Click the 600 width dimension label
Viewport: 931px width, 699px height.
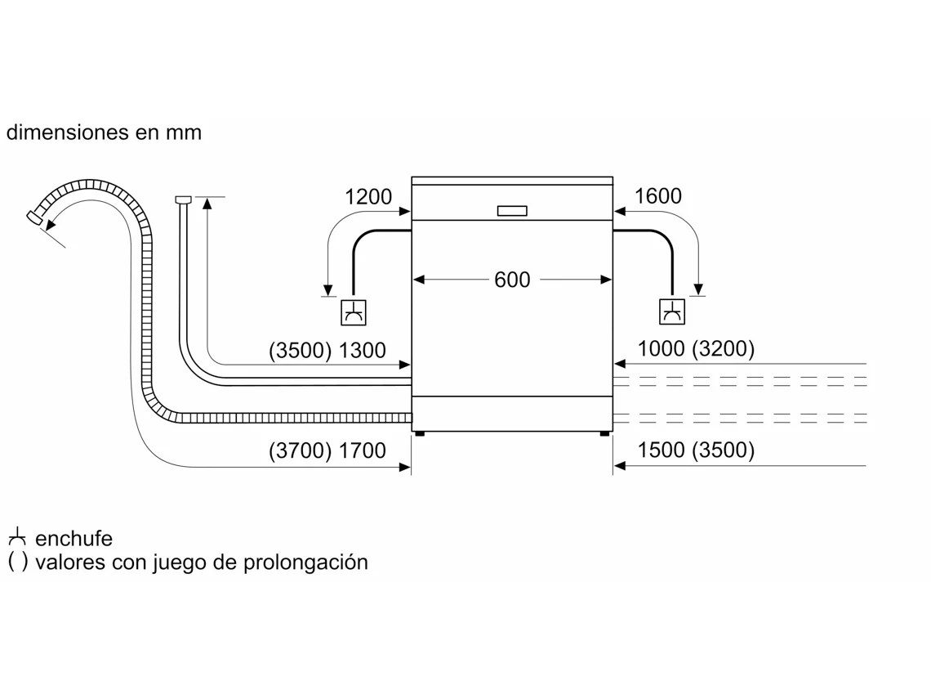click(x=512, y=280)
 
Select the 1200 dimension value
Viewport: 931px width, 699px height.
click(x=368, y=197)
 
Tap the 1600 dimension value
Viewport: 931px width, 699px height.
click(x=658, y=196)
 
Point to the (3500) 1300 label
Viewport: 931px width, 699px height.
click(x=327, y=350)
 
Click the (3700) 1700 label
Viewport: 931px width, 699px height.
click(x=327, y=450)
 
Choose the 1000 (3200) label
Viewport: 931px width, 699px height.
click(x=696, y=348)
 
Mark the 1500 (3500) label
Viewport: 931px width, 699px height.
click(x=696, y=450)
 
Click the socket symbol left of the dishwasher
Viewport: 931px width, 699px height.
click(x=354, y=312)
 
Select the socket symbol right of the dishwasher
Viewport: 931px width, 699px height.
click(x=672, y=311)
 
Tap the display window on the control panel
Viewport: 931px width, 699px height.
click(x=512, y=210)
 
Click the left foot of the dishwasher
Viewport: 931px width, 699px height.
click(x=420, y=434)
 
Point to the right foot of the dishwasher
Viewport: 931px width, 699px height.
click(x=604, y=434)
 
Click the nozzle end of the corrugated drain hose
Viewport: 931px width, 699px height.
click(x=35, y=217)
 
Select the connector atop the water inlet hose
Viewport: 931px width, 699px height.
click(x=184, y=199)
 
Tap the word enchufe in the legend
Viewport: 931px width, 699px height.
click(x=73, y=539)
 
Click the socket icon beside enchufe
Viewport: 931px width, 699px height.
click(x=17, y=537)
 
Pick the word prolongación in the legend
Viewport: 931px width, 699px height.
click(x=305, y=562)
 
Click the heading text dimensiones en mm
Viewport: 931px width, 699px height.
click(x=104, y=132)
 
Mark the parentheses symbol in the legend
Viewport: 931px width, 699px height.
click(x=18, y=562)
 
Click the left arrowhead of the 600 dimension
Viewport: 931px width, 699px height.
click(x=419, y=280)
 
